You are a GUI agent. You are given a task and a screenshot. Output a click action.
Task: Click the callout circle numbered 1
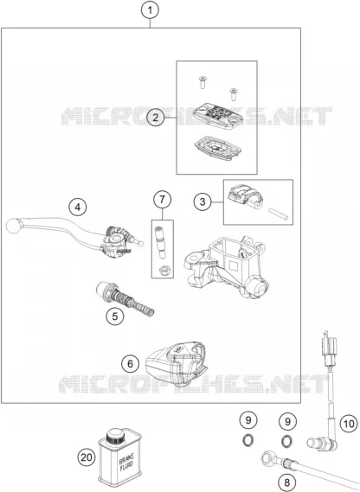coord(151,10)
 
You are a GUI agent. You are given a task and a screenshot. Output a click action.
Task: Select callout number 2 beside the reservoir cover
coord(156,118)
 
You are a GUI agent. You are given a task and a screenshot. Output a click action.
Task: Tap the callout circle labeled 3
coord(202,201)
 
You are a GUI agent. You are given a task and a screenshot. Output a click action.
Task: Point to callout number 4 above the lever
coord(78,208)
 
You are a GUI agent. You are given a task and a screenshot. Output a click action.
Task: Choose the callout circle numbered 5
coord(115,316)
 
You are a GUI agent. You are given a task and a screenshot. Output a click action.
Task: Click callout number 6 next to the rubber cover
coord(131,364)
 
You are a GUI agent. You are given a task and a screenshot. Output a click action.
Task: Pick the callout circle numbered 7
coord(163,199)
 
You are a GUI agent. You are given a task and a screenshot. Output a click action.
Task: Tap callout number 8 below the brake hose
coord(287,482)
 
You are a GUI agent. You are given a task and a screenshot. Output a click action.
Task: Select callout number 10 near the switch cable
coord(349,424)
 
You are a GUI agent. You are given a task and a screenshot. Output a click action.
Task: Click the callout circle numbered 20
coord(87,457)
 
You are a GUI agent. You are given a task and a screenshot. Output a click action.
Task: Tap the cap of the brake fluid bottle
coord(114,436)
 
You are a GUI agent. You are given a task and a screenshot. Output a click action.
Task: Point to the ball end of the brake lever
coord(13,226)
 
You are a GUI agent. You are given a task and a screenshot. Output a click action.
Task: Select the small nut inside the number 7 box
coord(163,270)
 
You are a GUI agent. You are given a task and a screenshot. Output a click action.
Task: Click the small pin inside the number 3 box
coord(278,214)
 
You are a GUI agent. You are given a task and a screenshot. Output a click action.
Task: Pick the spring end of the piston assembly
coord(146,309)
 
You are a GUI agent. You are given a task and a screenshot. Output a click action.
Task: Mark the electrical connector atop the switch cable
coord(330,347)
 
